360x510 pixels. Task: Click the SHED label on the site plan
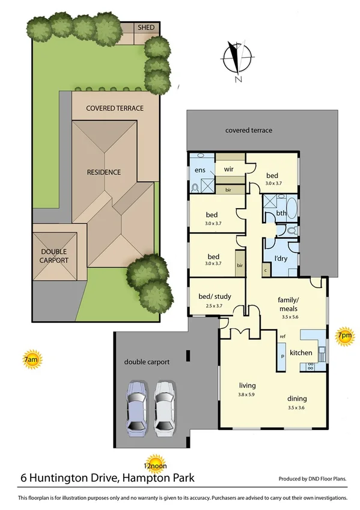(146, 28)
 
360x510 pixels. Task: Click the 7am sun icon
(31, 360)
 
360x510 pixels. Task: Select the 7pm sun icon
(344, 336)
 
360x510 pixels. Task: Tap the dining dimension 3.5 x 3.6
(297, 408)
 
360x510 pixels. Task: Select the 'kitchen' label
(301, 352)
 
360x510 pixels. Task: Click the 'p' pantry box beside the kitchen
(282, 357)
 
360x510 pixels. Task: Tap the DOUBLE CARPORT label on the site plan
(55, 256)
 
